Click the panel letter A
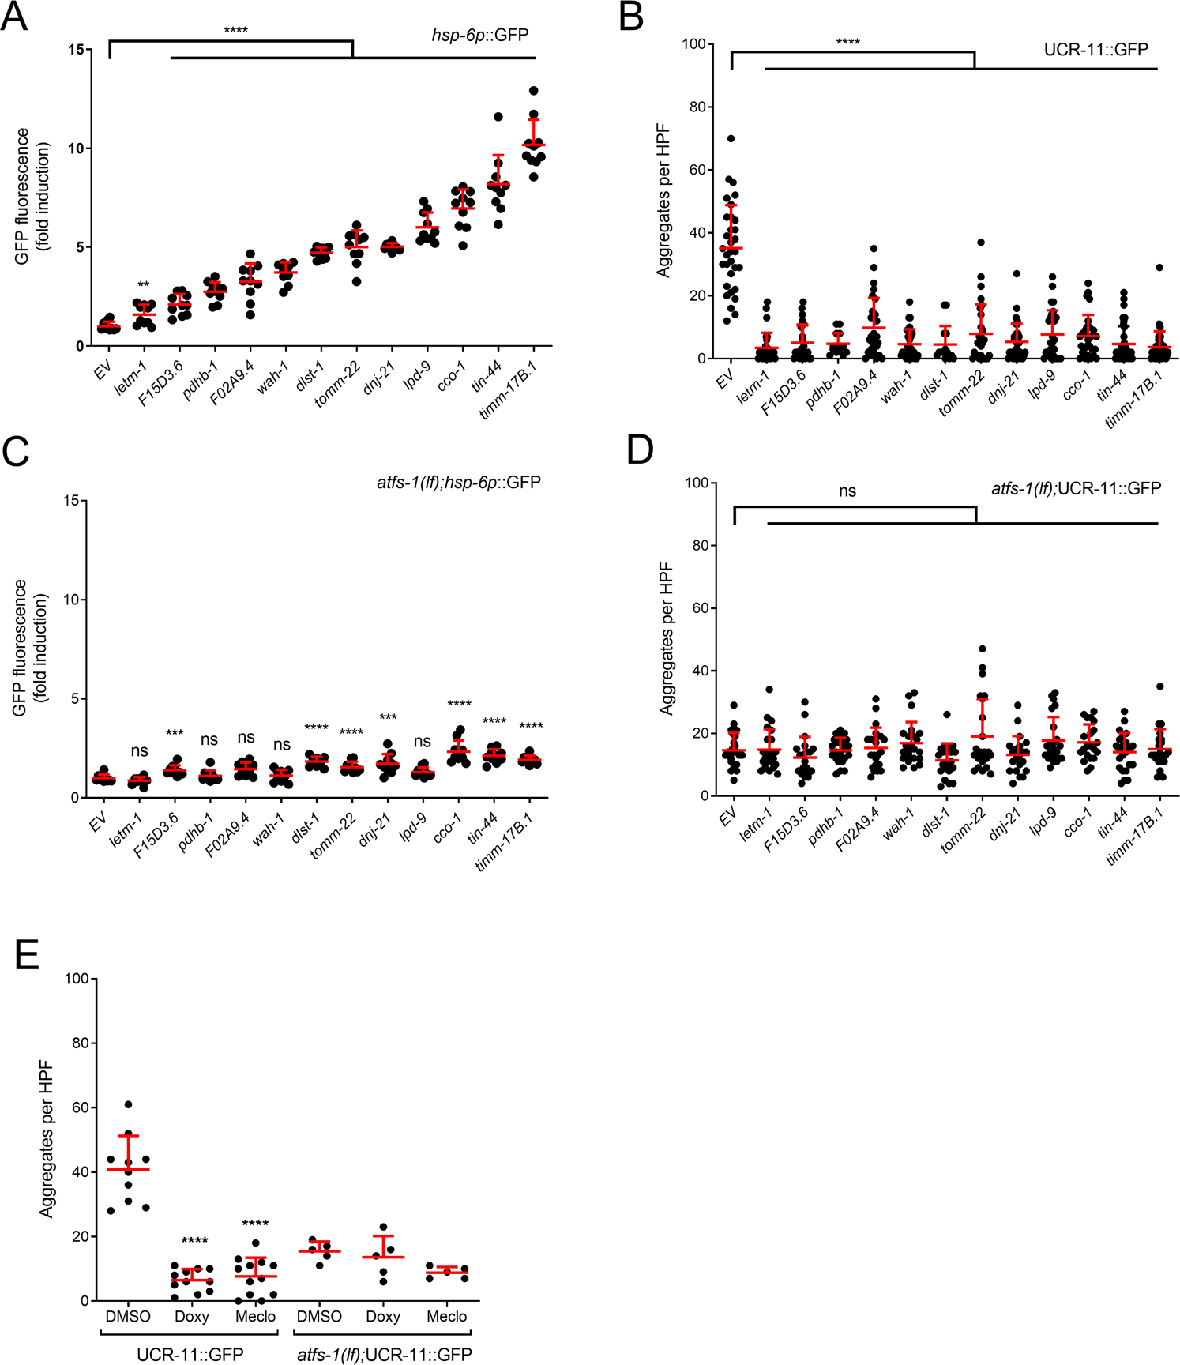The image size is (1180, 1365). (x=14, y=17)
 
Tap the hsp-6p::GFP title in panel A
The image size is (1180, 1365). (x=480, y=35)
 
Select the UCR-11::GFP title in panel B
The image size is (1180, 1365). (x=1095, y=49)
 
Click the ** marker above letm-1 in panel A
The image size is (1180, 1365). (x=143, y=284)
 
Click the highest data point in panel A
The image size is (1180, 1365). (x=534, y=91)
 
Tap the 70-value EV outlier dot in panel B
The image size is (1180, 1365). (x=731, y=138)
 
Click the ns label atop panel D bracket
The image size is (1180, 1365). (x=847, y=491)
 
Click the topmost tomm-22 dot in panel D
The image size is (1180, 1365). (x=983, y=649)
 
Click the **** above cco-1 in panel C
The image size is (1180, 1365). (x=459, y=704)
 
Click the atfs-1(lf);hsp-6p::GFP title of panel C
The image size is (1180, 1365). (x=458, y=482)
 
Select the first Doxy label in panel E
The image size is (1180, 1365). (x=191, y=1316)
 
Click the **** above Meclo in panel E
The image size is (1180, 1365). (x=255, y=1223)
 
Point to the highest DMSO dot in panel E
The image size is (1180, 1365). (x=129, y=1104)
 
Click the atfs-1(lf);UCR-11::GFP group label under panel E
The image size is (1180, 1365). (x=384, y=1355)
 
